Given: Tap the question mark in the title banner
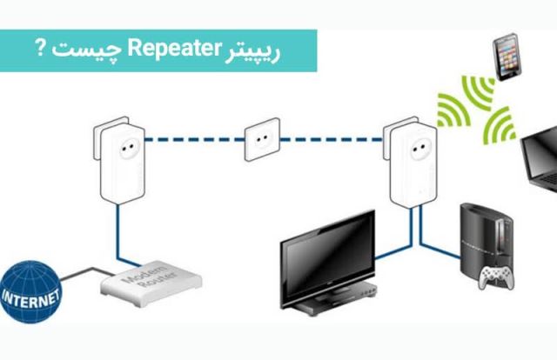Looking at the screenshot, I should [x=41, y=48].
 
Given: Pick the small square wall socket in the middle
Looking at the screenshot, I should [x=259, y=139].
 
